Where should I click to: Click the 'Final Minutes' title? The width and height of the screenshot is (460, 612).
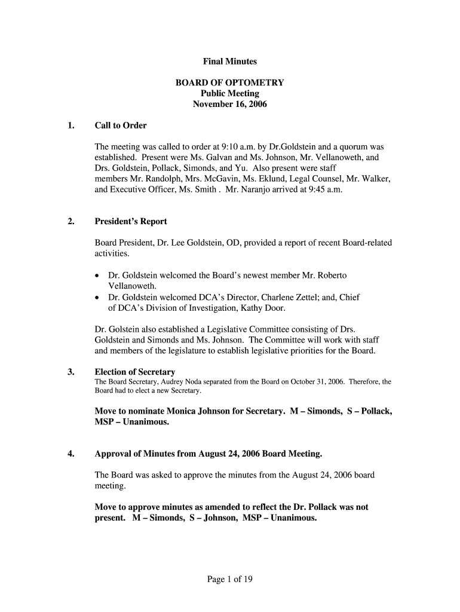tap(229, 62)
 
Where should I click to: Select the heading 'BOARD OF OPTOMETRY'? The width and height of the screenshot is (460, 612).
tap(229, 83)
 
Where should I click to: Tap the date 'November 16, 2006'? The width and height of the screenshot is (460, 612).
tap(229, 105)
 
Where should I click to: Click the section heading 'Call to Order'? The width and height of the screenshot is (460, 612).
tap(121, 126)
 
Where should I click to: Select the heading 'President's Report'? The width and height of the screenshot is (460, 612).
tap(131, 222)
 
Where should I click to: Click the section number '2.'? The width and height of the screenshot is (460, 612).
tap(71, 222)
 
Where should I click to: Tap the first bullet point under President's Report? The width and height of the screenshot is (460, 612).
tap(98, 276)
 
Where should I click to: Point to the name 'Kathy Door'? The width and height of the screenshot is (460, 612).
tap(262, 308)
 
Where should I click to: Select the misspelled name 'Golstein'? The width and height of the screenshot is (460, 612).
tap(124, 329)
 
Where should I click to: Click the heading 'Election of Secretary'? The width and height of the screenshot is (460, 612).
tap(135, 372)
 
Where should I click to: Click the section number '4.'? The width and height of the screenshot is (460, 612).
tap(71, 454)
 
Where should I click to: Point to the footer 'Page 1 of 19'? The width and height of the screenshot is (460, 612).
tap(230, 579)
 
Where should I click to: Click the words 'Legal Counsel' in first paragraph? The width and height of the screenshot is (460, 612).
tap(311, 179)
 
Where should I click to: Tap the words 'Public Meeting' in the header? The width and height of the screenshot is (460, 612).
tap(229, 94)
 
